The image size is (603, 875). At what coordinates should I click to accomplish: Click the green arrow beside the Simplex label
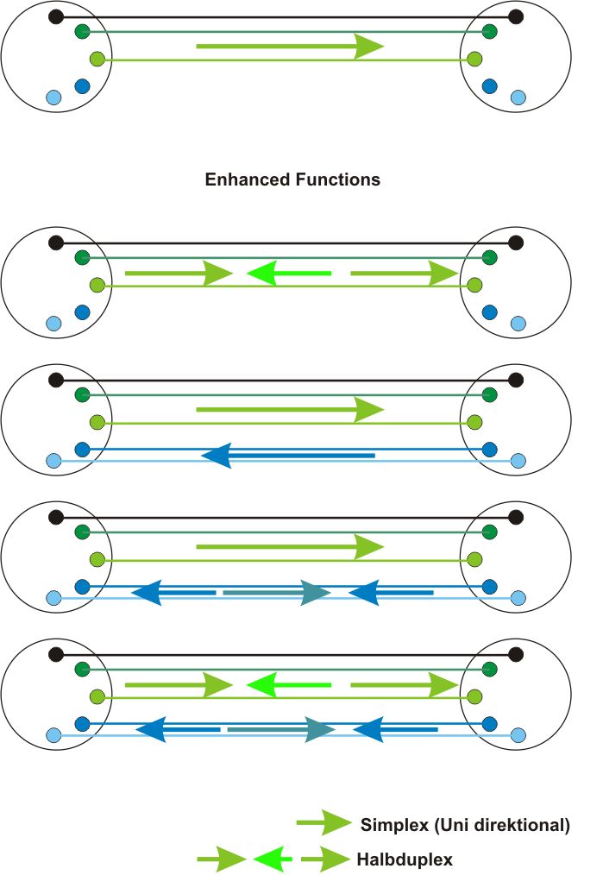[x=324, y=823]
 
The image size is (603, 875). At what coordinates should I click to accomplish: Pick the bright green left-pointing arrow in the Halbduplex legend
[x=273, y=859]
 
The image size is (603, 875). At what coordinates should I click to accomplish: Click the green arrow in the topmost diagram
[x=290, y=46]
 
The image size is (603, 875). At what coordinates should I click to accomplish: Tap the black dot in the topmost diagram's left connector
[x=56, y=16]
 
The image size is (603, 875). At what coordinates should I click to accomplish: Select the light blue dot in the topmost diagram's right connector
[x=518, y=98]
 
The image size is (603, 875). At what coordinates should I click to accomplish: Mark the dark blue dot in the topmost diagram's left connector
[x=83, y=86]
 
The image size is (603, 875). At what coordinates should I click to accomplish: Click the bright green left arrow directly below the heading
[x=289, y=274]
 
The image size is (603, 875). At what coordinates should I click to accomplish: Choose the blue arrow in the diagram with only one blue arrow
[x=288, y=455]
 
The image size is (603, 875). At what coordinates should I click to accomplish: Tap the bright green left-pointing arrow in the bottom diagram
[x=289, y=686]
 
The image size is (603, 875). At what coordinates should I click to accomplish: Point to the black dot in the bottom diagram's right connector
[x=516, y=655]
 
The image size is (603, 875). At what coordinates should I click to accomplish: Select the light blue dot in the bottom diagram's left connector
[x=53, y=735]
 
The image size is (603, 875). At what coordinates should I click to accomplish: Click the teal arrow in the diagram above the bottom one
[x=277, y=592]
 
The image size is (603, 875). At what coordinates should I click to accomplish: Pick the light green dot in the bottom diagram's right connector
[x=474, y=696]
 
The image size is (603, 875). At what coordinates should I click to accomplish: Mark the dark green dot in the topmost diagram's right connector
[x=490, y=32]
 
